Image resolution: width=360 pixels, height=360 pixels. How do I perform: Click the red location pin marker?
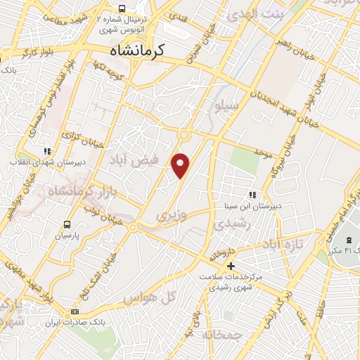click(x=181, y=165)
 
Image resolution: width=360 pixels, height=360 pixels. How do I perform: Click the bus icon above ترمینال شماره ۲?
click(x=122, y=9)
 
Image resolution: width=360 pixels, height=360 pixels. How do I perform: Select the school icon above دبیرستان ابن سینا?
click(x=252, y=195)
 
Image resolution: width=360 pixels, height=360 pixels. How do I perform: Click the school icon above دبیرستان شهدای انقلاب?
click(x=47, y=150)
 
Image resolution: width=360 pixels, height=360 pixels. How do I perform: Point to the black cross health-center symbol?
click(x=231, y=266)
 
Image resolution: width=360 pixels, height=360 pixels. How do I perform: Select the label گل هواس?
click(x=148, y=299)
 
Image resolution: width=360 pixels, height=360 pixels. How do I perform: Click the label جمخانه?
click(x=219, y=335)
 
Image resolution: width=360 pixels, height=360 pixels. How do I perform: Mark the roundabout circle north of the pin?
click(x=184, y=135)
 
